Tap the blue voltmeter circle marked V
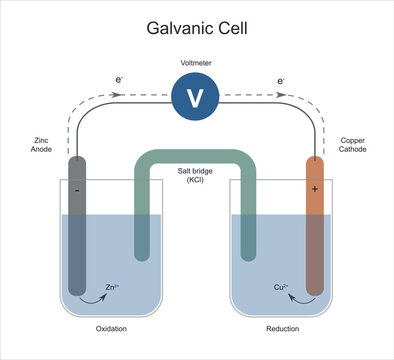click(197, 97)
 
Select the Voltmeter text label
click(197, 62)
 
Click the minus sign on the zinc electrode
click(76, 187)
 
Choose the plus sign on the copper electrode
click(316, 187)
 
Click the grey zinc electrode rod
click(77, 230)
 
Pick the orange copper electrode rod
click(315, 230)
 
